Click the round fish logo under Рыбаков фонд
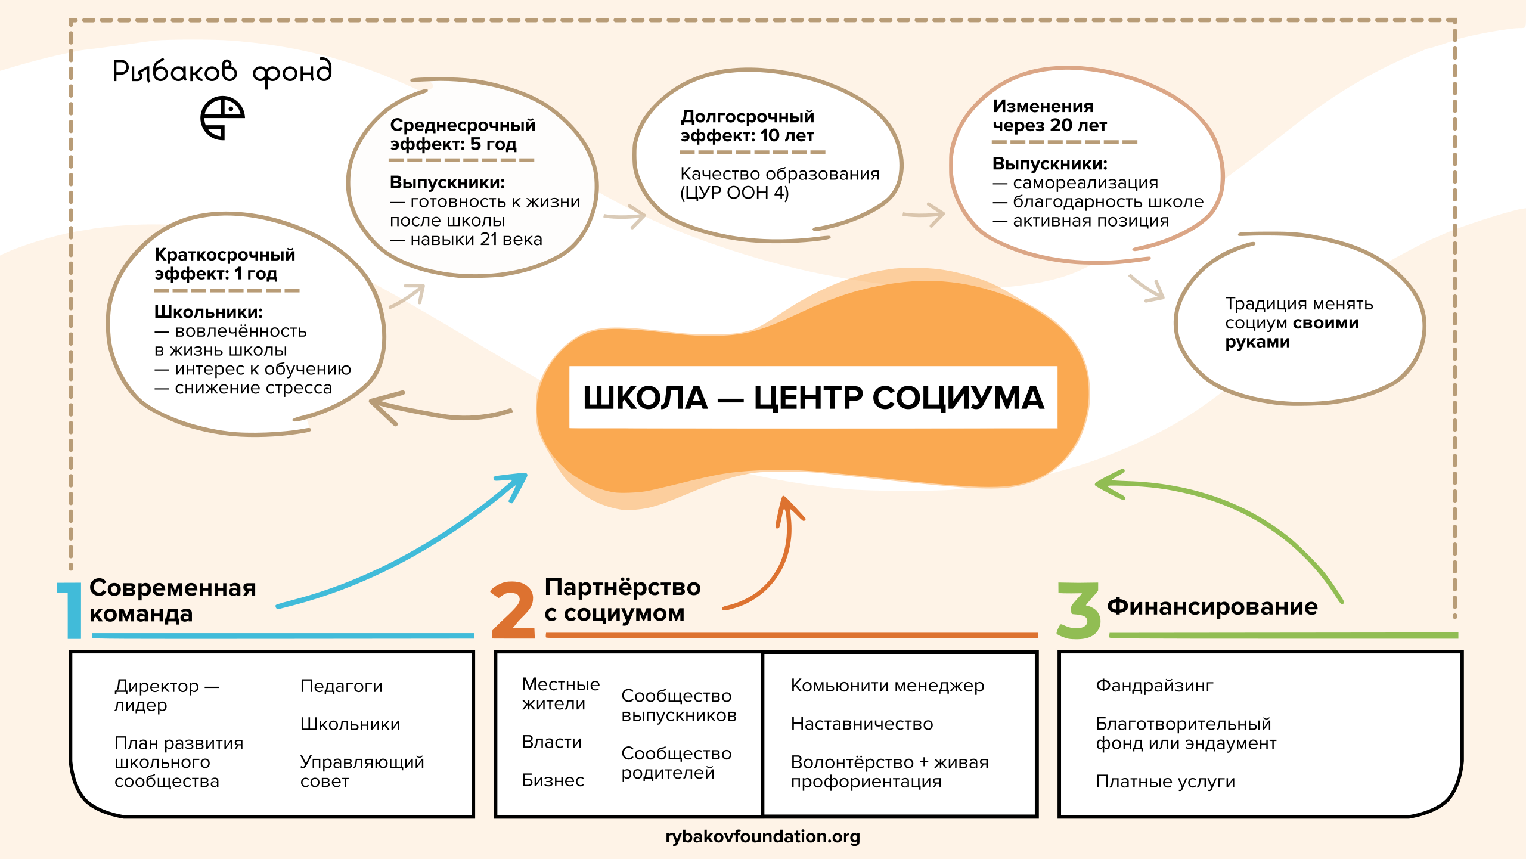coord(222,118)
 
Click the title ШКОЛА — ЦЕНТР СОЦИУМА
coord(813,398)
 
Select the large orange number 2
coord(513,610)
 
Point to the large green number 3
coord(1078,610)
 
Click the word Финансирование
coord(1212,606)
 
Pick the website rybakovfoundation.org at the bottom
coord(762,836)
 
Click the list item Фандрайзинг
coord(1154,686)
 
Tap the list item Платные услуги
coord(1165,781)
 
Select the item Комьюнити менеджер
coord(887,686)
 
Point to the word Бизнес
coord(553,780)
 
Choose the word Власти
coord(551,742)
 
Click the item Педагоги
coord(341,686)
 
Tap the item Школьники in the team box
coord(350,724)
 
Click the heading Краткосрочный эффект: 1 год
coord(225,264)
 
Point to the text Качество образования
coord(780,174)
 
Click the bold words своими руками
coord(1291,333)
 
